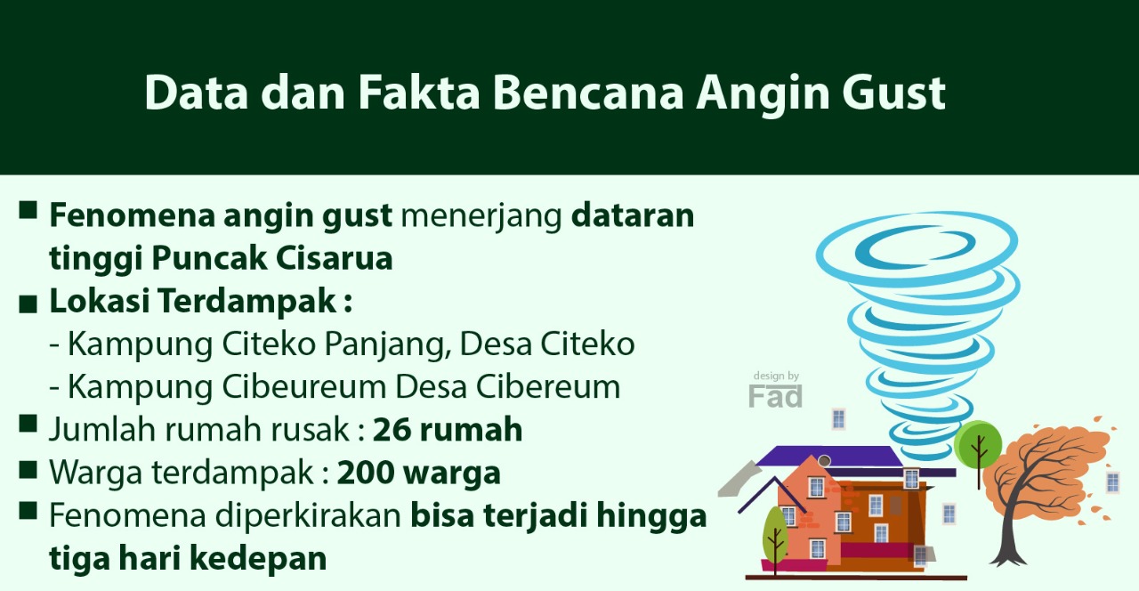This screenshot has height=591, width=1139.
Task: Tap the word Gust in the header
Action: tap(893, 93)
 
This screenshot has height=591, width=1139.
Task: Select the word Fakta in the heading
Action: tap(419, 93)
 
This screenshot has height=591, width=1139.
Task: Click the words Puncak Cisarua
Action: tap(272, 258)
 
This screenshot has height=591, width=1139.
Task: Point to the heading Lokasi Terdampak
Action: tap(201, 301)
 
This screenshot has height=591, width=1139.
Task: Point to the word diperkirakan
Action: tap(308, 516)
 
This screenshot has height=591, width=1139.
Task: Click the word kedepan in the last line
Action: tap(258, 559)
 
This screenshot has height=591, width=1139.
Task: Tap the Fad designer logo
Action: tap(775, 396)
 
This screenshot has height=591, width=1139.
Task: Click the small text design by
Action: tap(776, 376)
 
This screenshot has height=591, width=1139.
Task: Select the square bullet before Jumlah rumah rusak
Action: tap(28, 423)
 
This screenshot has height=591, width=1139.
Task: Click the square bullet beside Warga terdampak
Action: tap(28, 470)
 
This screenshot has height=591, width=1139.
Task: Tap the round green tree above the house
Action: tap(978, 445)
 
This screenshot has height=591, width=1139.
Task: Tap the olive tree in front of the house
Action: tap(775, 535)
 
